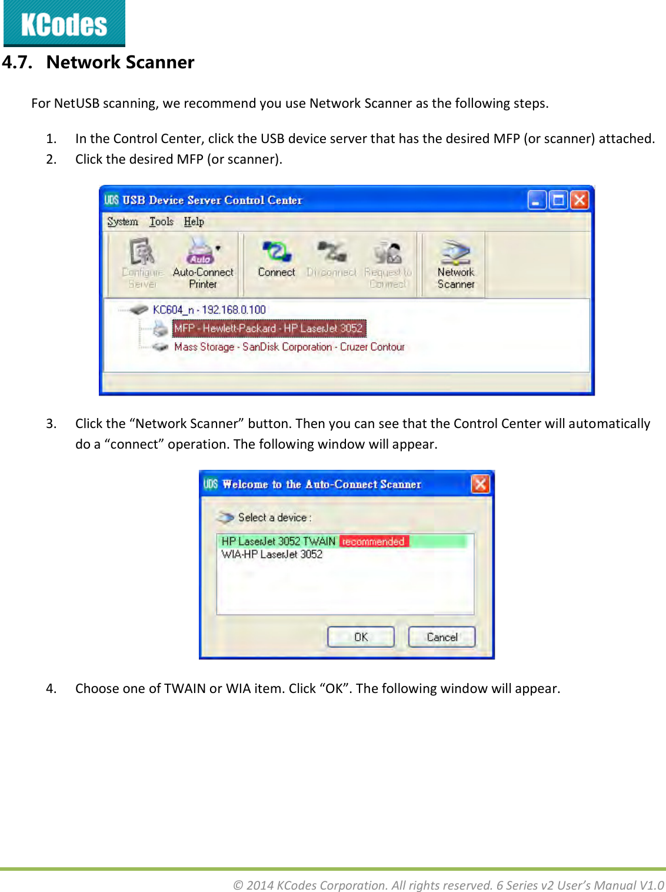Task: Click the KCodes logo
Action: click(64, 24)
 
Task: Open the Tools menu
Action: click(161, 221)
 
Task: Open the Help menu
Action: click(194, 221)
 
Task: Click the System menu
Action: click(122, 221)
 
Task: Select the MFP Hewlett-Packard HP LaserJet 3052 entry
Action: click(268, 329)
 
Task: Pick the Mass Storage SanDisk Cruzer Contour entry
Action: click(289, 347)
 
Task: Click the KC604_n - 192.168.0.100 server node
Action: click(209, 310)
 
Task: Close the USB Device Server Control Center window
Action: click(580, 200)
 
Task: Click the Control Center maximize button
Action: click(558, 200)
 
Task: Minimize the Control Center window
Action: click(537, 200)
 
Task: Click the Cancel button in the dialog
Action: click(442, 637)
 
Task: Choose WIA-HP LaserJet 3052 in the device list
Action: click(272, 554)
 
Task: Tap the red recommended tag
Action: click(374, 541)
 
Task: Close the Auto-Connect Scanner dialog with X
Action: click(480, 484)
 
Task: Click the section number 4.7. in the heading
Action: click(17, 62)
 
